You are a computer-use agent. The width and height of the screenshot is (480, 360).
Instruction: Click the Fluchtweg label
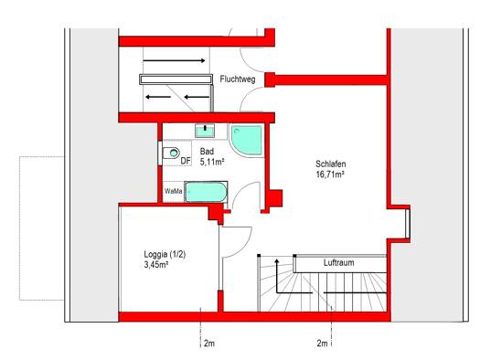tap(238, 79)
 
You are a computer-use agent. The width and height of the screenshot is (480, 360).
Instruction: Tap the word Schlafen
tap(331, 164)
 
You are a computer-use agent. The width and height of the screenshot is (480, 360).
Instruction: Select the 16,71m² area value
tap(330, 175)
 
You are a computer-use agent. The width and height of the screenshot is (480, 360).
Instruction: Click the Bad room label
tap(207, 152)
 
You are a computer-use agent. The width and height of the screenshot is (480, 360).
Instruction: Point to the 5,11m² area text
tap(212, 162)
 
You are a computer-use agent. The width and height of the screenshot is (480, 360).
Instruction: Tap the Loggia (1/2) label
tap(165, 255)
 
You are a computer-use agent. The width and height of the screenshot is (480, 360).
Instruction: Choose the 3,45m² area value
tap(156, 265)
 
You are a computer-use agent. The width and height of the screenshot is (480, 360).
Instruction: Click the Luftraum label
tap(339, 263)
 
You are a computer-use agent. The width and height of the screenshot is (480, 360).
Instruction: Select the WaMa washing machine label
tap(174, 192)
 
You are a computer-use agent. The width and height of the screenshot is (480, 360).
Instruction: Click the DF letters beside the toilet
tap(186, 161)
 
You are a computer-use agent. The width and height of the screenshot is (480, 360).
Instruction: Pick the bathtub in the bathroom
tap(206, 192)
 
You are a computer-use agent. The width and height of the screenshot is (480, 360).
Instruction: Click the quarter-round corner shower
tap(247, 140)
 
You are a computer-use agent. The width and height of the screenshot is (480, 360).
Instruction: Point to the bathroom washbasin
tap(205, 131)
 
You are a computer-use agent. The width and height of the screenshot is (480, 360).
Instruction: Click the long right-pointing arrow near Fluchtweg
tap(174, 60)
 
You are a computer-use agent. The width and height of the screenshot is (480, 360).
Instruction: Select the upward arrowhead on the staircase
tap(277, 261)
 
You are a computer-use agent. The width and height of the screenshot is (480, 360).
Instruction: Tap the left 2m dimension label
tap(209, 344)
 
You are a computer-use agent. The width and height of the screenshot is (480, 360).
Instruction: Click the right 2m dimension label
tap(322, 344)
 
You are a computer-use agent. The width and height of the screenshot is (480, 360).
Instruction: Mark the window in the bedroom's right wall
tap(408, 223)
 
